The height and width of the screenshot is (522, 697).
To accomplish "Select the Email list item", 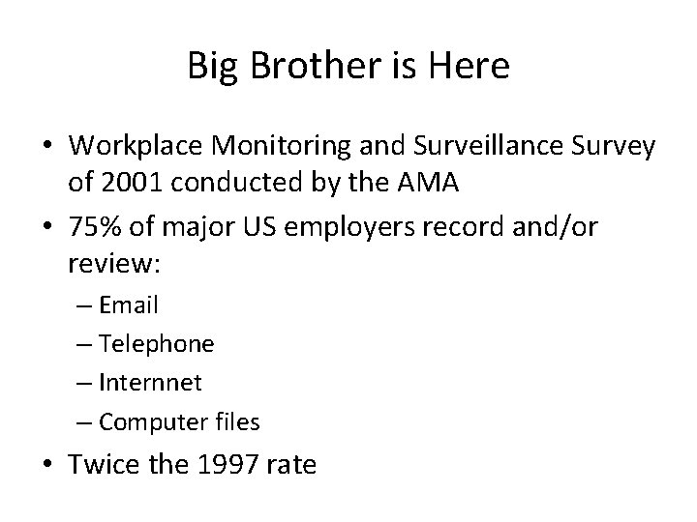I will (x=129, y=305).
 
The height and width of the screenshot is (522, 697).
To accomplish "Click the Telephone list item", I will (x=157, y=344).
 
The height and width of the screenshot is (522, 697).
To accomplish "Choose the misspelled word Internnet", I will (x=151, y=383).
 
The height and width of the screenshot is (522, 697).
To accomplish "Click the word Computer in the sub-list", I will (x=146, y=421).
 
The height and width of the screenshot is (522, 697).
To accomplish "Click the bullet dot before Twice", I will (x=47, y=466).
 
